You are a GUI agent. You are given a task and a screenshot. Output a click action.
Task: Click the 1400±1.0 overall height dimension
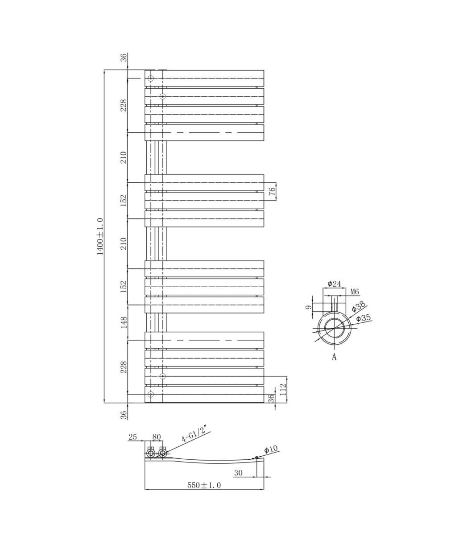(100, 237)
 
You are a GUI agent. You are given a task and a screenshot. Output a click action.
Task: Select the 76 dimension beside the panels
(272, 191)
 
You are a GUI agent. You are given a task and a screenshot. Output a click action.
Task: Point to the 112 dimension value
(284, 390)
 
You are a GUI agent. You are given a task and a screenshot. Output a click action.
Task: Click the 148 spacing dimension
(124, 322)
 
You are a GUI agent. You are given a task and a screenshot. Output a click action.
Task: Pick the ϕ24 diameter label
(334, 284)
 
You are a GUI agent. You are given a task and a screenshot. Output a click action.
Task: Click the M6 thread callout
(355, 292)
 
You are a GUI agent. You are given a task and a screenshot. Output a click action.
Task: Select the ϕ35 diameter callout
(363, 318)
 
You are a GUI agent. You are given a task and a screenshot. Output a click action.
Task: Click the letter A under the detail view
(334, 357)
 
